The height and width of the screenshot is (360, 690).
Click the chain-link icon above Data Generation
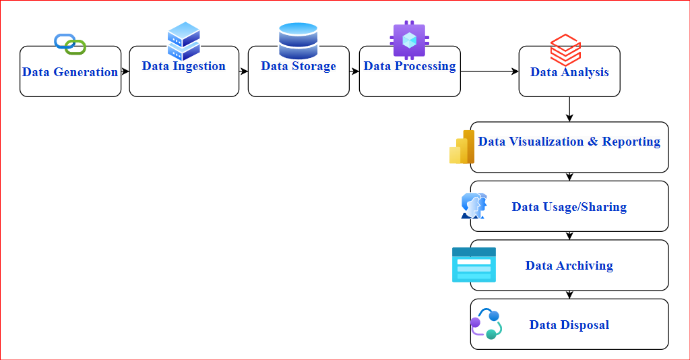click(x=70, y=44)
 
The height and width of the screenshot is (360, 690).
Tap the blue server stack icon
click(x=184, y=41)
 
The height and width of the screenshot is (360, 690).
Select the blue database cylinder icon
click(x=299, y=41)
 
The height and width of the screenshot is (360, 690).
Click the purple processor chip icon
click(x=409, y=40)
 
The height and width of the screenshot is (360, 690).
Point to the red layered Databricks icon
click(x=565, y=50)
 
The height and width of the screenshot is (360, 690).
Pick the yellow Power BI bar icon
click(x=462, y=147)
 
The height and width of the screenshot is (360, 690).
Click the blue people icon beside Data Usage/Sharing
click(x=474, y=206)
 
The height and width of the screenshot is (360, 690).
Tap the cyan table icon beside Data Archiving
click(x=474, y=265)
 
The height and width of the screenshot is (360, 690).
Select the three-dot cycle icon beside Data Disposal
click(x=487, y=324)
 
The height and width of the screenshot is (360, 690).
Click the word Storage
click(x=314, y=66)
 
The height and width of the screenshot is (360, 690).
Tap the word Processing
click(x=425, y=66)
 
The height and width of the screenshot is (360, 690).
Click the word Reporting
click(x=631, y=142)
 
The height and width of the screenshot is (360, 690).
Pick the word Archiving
click(x=584, y=266)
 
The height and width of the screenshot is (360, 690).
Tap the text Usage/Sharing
click(x=585, y=207)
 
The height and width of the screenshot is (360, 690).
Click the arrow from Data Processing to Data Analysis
click(x=490, y=71)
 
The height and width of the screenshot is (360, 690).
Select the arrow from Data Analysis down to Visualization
click(x=569, y=109)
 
